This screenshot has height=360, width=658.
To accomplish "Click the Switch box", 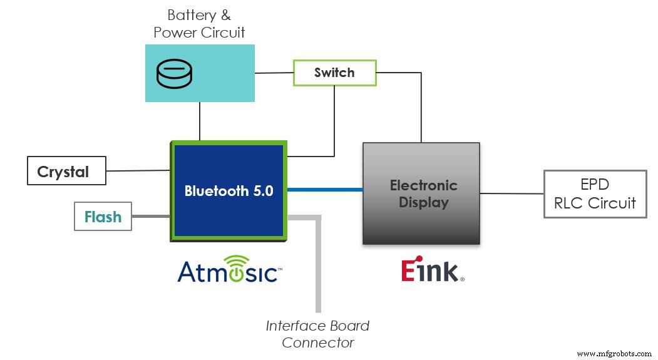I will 334,73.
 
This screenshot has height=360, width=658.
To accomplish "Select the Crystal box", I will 66,172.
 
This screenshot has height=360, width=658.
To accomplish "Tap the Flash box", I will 103,217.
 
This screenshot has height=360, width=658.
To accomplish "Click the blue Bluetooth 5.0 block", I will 229,191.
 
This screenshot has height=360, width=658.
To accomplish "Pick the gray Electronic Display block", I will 421,193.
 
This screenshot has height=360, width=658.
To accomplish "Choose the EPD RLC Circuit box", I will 595,194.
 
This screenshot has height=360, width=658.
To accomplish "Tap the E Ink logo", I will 432,270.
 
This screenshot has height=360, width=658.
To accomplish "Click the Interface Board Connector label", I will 317,334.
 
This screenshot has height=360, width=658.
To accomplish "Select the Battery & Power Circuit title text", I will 200,24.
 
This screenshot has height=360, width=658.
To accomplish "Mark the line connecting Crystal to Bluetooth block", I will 138,170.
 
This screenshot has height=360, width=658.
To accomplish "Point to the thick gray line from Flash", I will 150,217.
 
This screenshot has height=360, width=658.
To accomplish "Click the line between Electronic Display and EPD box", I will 511,193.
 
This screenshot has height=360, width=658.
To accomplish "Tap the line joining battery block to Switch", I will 274,73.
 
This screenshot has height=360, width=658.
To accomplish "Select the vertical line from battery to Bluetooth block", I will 200,121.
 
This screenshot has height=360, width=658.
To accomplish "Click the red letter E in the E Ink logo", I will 408,270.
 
